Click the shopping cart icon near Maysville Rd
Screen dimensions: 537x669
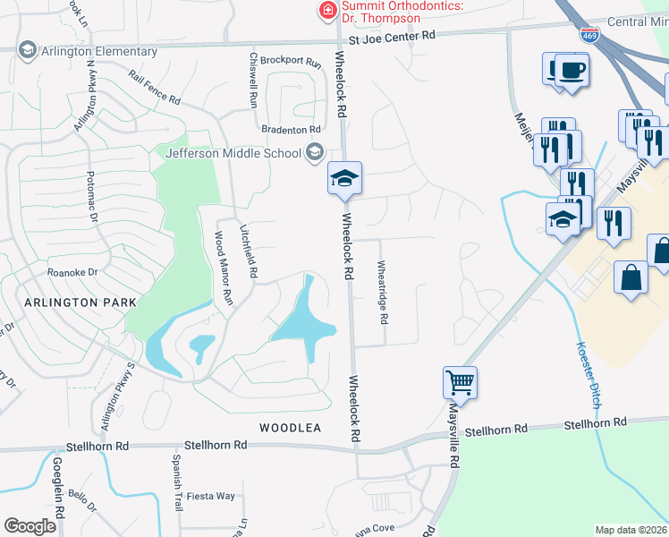pos(460,382)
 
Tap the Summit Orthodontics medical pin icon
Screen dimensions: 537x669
pos(326,12)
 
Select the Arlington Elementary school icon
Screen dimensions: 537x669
pos(27,51)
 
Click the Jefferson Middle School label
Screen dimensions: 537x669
pos(233,153)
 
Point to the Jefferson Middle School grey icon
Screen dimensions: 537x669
pos(314,152)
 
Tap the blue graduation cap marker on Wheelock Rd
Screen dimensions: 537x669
pos(344,177)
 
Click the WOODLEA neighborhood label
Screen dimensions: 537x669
pos(290,428)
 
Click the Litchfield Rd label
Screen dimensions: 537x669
pos(249,250)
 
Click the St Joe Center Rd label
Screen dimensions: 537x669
pos(392,36)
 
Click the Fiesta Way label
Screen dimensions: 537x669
pos(210,496)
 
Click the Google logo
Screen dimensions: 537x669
pos(30,526)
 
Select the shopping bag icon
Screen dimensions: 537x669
pos(631,277)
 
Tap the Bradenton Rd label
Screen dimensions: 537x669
pos(291,131)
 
